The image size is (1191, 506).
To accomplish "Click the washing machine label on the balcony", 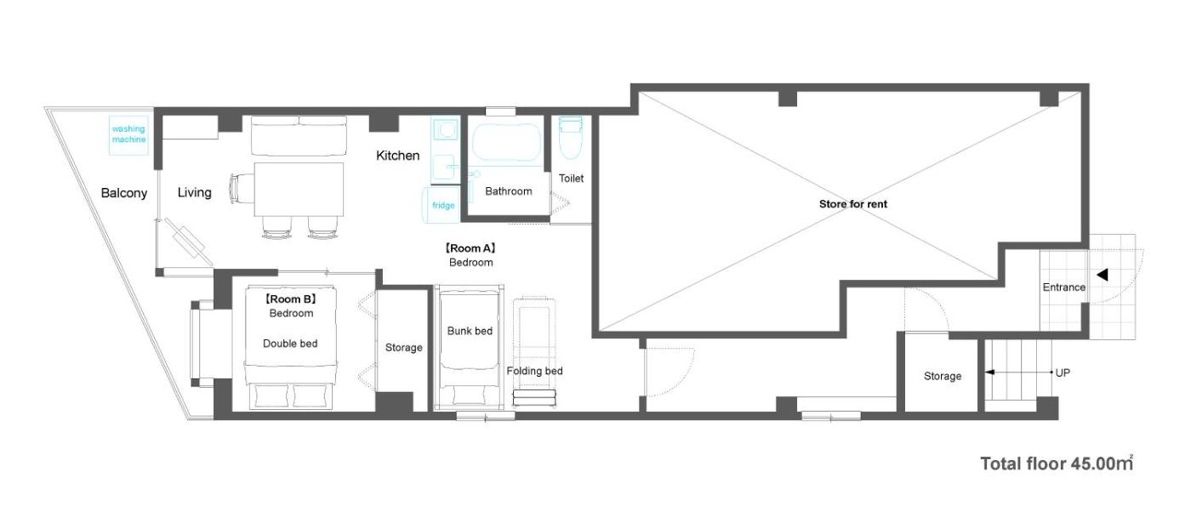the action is pos(128,134).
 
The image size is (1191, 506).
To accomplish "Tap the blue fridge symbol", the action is pos(442,205).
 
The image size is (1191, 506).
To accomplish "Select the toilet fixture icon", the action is pos(571,138).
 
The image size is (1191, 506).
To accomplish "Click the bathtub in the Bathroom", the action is pos(506,143).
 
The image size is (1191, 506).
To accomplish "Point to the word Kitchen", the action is pos(398,155).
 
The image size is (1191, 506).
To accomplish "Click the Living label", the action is pos(194,192).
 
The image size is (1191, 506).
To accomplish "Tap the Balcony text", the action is pos(124,193).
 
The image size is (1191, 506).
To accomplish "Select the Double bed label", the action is pos(290,344).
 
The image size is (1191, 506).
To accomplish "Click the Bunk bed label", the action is pos(470,331).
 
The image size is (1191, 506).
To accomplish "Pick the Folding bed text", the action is pos(534,371).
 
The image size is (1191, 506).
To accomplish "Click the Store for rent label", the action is pos(852,203).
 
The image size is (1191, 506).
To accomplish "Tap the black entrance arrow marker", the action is pos(1103,275).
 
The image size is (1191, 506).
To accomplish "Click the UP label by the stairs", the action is pos(1063,372).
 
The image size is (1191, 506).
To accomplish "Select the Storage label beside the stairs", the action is pos(943,376).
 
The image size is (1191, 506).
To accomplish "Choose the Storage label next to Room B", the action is pos(403,347).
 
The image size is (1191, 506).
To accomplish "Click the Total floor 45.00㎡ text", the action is pos(1057,463).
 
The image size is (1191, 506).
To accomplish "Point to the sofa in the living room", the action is pos(299,135).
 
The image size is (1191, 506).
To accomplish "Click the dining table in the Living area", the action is pos(299,189).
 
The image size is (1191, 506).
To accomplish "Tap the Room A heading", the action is pos(470,248).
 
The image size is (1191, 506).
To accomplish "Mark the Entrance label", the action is pos(1064,287).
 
